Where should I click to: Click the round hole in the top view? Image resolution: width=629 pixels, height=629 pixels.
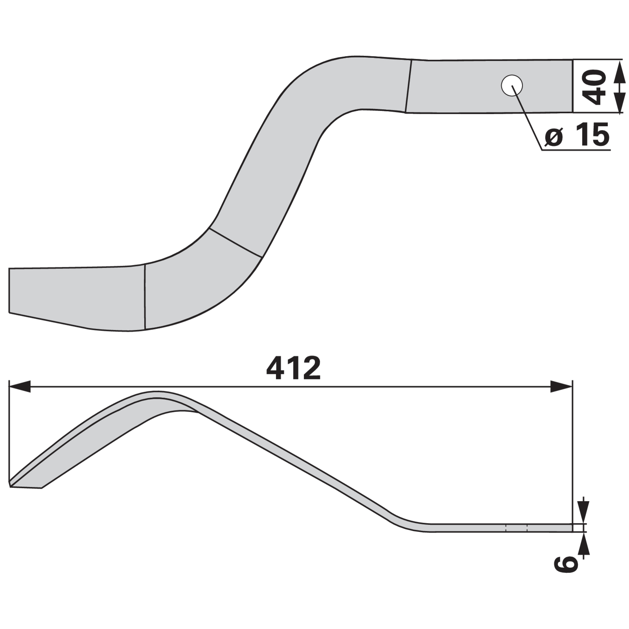click(x=512, y=85)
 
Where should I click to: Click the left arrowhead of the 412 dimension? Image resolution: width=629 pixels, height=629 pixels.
click(x=19, y=386)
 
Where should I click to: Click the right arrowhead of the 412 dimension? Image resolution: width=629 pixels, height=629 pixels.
click(x=561, y=386)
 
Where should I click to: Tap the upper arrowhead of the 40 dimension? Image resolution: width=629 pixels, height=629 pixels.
click(x=618, y=71)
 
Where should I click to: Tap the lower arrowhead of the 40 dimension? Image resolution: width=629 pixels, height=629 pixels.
click(x=618, y=102)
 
